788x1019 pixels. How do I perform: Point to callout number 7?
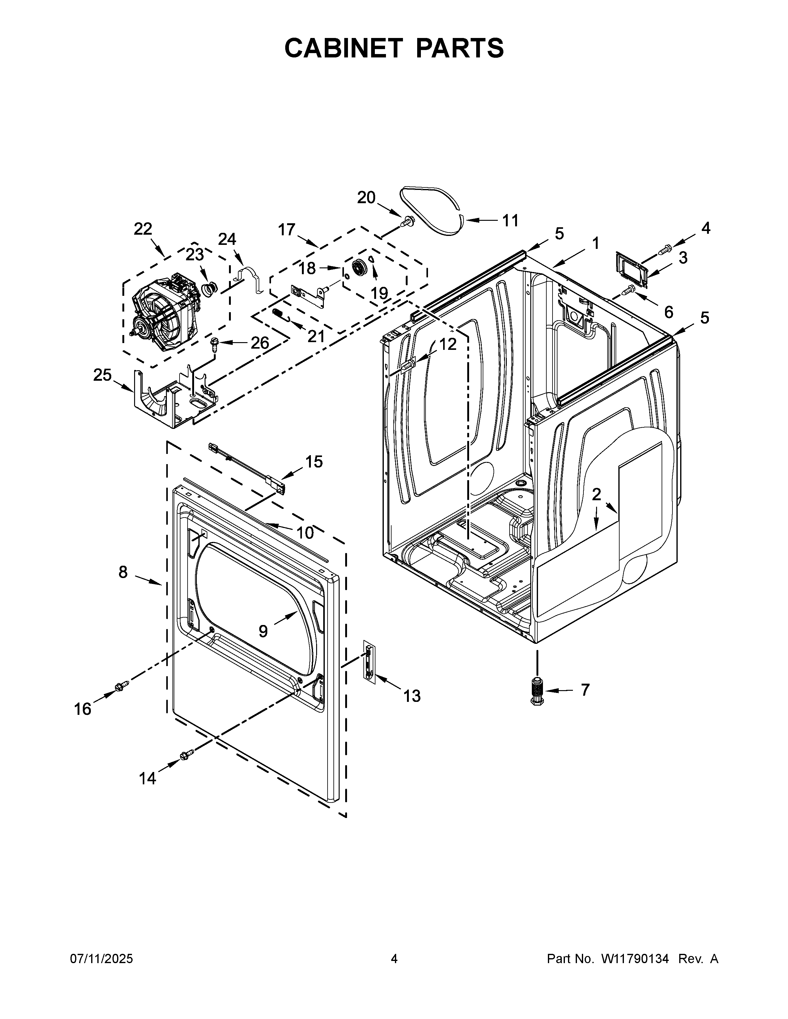pos(585,690)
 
